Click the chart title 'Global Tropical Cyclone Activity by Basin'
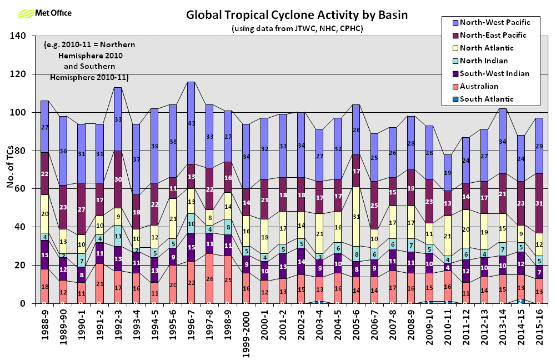(297, 15)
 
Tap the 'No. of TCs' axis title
(10, 169)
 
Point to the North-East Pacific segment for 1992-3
(117, 179)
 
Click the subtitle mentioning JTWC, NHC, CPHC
(297, 28)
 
